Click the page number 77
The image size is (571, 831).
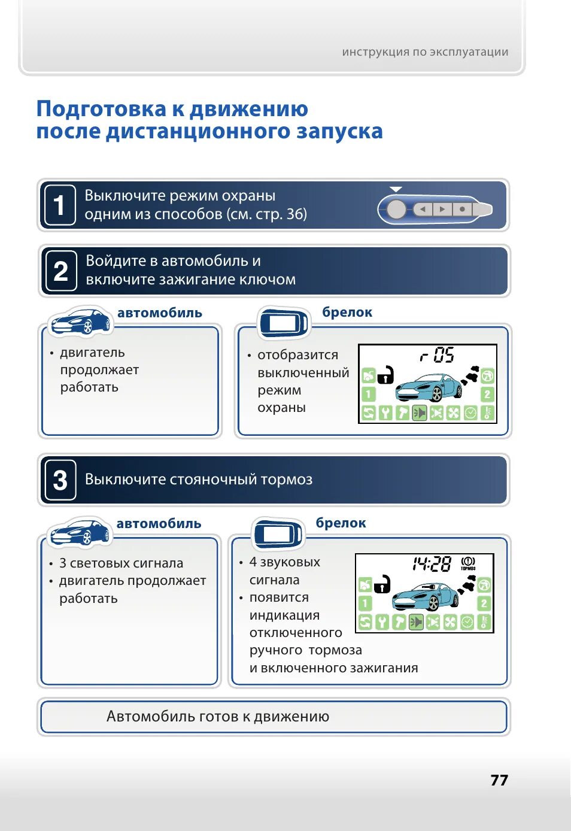click(x=499, y=780)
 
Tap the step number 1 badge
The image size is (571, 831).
click(x=60, y=205)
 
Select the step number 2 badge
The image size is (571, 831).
click(x=60, y=271)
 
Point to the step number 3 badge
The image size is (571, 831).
click(x=60, y=480)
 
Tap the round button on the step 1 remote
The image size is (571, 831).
click(x=396, y=210)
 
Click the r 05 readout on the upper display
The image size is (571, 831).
click(x=438, y=355)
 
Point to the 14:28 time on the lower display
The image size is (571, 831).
click(x=432, y=564)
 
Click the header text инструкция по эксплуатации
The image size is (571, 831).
click(x=425, y=52)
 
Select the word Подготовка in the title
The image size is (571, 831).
click(x=101, y=109)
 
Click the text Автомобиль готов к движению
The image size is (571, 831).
click(x=218, y=717)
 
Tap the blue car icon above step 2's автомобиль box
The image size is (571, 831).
click(x=81, y=322)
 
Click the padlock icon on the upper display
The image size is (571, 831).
click(x=385, y=375)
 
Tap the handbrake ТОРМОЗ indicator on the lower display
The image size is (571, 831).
click(x=468, y=563)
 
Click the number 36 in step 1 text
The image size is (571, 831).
click(x=294, y=214)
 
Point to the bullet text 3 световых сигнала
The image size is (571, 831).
click(x=121, y=563)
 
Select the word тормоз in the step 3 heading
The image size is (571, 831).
click(x=285, y=480)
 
